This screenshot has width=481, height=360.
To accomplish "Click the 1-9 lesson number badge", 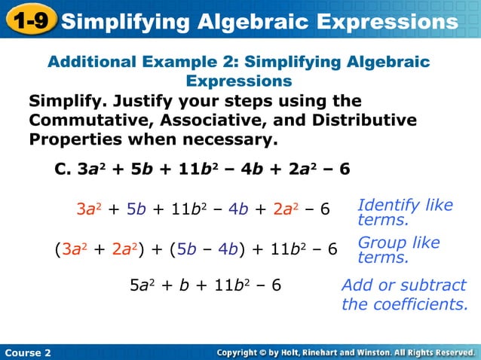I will tap(29, 21).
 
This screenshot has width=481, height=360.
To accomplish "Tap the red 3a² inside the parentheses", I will tap(72, 249).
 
